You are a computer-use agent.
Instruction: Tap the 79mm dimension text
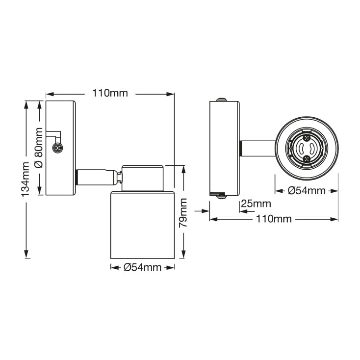click(x=183, y=212)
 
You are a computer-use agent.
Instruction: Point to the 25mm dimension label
click(x=256, y=204)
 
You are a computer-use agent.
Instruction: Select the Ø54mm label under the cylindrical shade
click(x=143, y=267)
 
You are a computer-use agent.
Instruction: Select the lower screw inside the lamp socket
click(x=307, y=158)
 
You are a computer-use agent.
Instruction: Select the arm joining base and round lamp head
click(x=257, y=147)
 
